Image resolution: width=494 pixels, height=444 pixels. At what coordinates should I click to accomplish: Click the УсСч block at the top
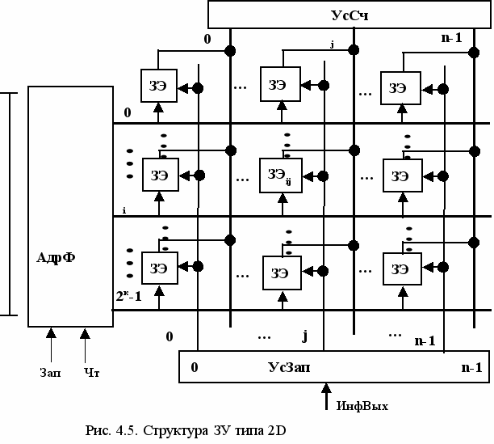[x=350, y=14]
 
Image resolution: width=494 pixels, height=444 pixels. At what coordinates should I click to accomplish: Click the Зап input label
[x=50, y=374]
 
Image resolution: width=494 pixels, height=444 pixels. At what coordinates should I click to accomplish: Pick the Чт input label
[x=90, y=374]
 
